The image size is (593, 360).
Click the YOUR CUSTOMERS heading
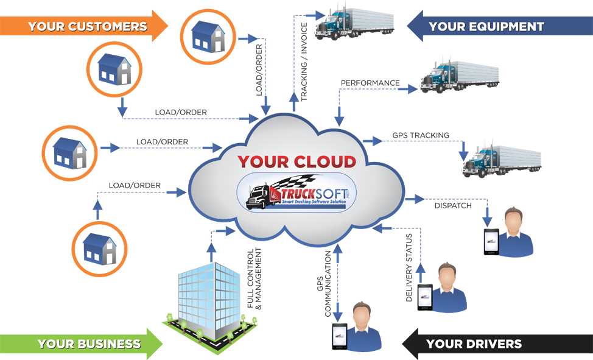(88, 26)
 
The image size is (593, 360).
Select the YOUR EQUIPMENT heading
(486, 26)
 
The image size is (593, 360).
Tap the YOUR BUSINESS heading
(89, 344)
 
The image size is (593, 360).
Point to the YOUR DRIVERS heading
(474, 344)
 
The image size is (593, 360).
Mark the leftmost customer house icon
(69, 153)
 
